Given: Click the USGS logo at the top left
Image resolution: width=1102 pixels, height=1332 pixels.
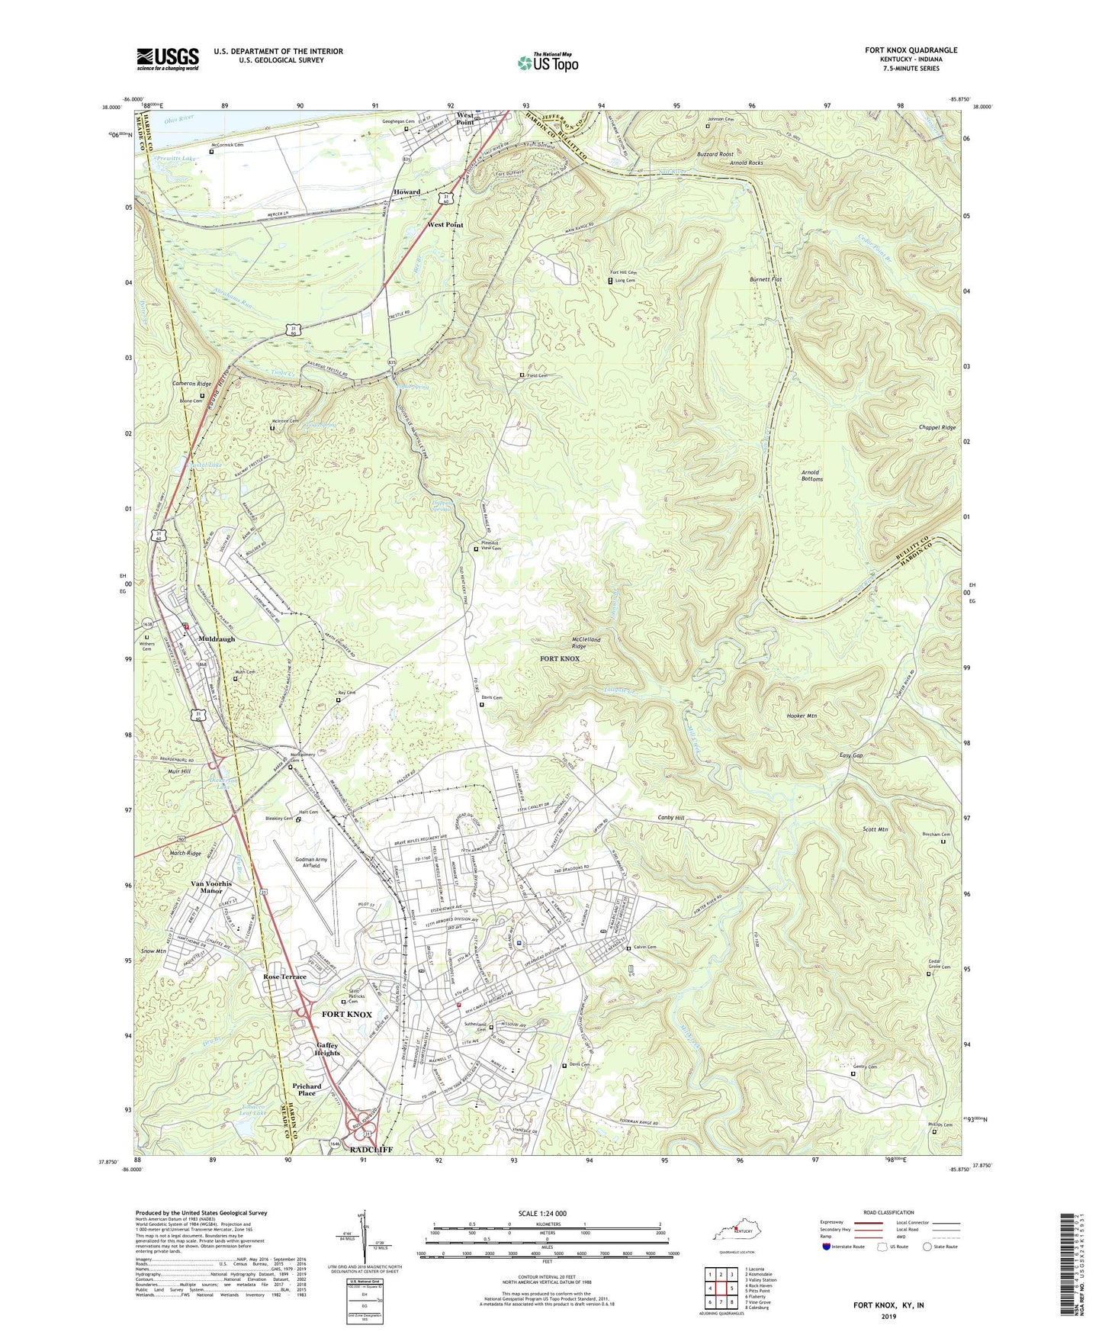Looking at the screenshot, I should pos(168,59).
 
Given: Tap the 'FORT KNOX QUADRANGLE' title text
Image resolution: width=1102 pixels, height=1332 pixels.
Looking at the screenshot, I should pos(911,50).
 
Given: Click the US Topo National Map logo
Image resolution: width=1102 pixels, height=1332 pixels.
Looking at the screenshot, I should pos(548,63).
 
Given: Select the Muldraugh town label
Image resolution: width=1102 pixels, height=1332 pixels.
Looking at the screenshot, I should pos(217,639).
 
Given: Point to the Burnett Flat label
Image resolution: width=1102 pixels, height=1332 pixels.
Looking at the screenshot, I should pos(766,280).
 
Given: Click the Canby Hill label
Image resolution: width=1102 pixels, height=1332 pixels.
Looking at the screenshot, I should pos(671,818).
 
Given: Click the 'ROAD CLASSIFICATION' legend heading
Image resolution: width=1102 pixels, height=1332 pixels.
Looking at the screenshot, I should pos(889,1212).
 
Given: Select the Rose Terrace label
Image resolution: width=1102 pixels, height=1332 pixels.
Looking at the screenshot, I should pos(284,976).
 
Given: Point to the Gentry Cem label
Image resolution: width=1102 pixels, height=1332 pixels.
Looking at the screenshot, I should pos(869,1067).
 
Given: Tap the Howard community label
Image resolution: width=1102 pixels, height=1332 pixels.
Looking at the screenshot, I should pos(407,192).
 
